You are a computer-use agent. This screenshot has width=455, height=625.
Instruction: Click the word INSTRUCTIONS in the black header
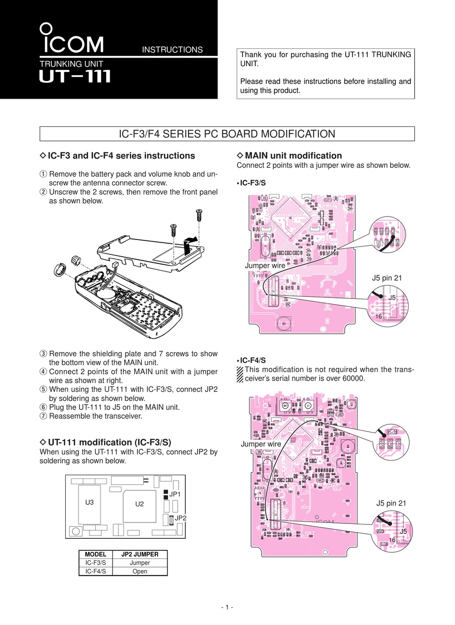pyautogui.click(x=172, y=50)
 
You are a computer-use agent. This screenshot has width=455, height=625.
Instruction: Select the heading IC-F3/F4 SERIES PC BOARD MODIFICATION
pyautogui.click(x=227, y=134)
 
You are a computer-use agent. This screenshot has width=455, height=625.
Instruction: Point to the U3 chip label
pyautogui.click(x=90, y=502)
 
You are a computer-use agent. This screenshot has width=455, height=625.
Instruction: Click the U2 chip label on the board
pyautogui.click(x=139, y=504)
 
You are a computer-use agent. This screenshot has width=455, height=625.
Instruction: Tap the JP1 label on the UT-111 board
pyautogui.click(x=174, y=494)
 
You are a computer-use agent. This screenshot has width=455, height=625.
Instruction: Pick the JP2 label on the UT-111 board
pyautogui.click(x=180, y=518)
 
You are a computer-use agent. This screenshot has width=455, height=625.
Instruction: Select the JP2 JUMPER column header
pyautogui.click(x=139, y=554)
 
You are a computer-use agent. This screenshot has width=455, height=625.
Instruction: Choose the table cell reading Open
pyautogui.click(x=139, y=571)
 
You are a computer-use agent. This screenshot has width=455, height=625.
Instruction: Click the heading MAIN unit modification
pyautogui.click(x=293, y=156)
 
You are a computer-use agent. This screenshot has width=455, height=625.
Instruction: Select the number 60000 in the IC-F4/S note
pyautogui.click(x=352, y=378)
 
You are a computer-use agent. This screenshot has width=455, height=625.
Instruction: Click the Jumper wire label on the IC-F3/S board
pyautogui.click(x=265, y=265)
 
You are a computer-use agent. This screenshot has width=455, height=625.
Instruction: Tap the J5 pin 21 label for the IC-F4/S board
pyautogui.click(x=391, y=503)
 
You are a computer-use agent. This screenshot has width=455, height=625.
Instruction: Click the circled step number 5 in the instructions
pyautogui.click(x=43, y=389)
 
